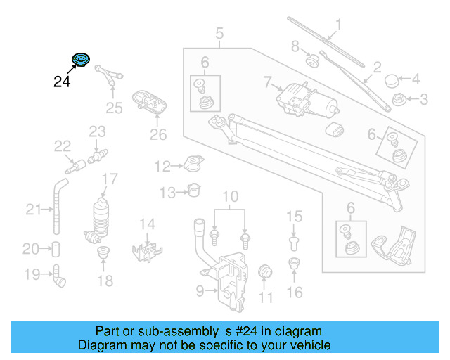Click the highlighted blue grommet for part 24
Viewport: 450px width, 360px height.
click(82, 60)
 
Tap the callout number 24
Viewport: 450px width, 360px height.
click(62, 82)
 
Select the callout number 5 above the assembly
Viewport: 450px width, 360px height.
click(219, 33)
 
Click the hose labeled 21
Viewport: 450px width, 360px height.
click(56, 208)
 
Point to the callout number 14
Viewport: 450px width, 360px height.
click(146, 224)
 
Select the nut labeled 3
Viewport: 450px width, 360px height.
click(398, 99)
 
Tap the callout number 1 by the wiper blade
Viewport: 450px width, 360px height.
click(337, 27)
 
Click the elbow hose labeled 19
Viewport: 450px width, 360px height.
click(59, 276)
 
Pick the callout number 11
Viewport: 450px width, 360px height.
click(265, 298)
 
